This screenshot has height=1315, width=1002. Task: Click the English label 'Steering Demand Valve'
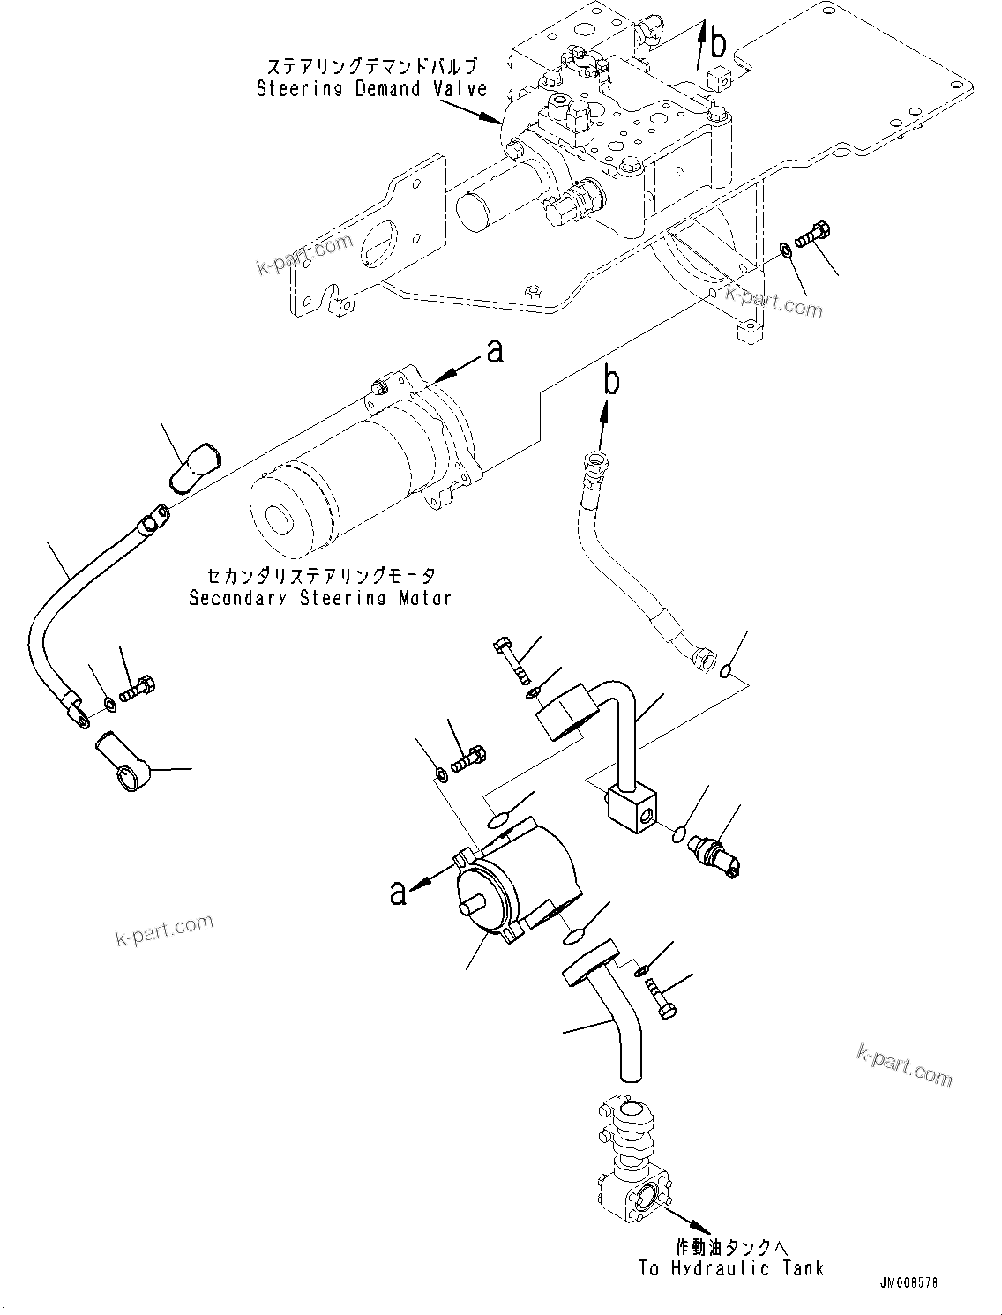371,88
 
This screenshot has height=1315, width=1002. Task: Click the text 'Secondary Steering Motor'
320,598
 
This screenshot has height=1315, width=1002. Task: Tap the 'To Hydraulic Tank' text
731,1268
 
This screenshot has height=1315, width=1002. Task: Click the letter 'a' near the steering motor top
495,352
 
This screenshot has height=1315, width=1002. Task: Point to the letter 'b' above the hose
610,382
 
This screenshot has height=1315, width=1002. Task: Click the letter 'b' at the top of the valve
719,41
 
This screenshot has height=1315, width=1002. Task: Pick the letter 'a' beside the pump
399,893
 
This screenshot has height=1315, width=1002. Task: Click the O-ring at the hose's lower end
724,673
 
